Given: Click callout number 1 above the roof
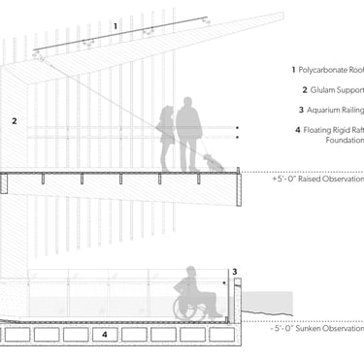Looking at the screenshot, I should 116,26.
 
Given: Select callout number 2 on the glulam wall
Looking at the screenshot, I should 15,121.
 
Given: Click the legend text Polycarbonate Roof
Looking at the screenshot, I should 331,70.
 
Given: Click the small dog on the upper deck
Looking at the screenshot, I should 213,164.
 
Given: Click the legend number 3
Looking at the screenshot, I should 301,110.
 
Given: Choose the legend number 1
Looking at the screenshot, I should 293,70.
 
